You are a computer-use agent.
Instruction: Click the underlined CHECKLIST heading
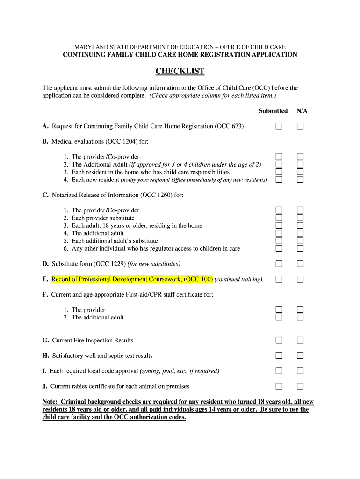(180, 72)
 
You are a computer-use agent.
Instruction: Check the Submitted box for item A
(279, 126)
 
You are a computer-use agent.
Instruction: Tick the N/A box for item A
(300, 126)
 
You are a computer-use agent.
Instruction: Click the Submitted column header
(273, 111)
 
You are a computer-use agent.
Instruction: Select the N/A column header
(302, 111)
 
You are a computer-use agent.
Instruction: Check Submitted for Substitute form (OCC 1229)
(279, 264)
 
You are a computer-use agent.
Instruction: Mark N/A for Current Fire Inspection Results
(300, 341)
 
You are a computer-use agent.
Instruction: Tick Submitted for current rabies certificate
(279, 386)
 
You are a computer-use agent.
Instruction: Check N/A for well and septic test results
(300, 356)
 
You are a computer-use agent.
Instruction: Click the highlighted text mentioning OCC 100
(132, 279)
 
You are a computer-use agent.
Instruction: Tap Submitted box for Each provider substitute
(279, 218)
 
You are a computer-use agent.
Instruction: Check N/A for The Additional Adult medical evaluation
(300, 164)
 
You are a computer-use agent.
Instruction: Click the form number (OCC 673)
(229, 126)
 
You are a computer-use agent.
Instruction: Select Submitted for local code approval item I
(279, 371)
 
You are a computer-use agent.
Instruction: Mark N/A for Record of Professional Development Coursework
(300, 279)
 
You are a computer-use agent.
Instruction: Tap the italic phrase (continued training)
(238, 279)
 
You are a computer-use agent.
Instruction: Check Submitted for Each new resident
(279, 180)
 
